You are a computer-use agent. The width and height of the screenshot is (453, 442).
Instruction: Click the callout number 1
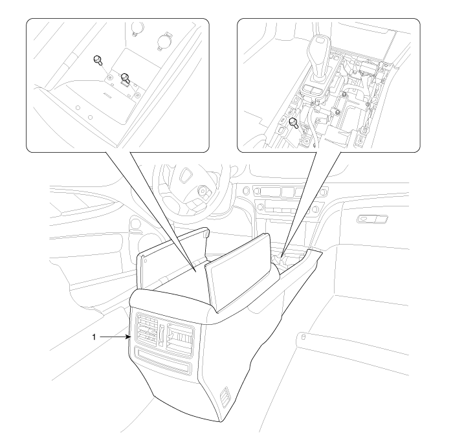[94, 337]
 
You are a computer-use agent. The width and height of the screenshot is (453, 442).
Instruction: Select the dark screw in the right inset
[293, 122]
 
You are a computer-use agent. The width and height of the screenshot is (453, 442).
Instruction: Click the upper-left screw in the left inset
[98, 60]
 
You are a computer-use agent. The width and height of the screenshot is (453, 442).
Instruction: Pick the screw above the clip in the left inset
[126, 77]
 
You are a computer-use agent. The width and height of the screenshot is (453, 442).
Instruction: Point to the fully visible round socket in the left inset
[164, 41]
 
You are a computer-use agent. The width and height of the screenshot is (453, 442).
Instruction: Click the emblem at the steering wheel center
[184, 175]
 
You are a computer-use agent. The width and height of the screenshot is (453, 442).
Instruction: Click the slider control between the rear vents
[162, 335]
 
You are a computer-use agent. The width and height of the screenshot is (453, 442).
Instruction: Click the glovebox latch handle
[372, 219]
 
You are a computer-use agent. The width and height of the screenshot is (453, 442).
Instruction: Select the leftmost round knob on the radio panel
[246, 191]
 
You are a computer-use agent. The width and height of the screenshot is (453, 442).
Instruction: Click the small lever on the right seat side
[304, 337]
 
